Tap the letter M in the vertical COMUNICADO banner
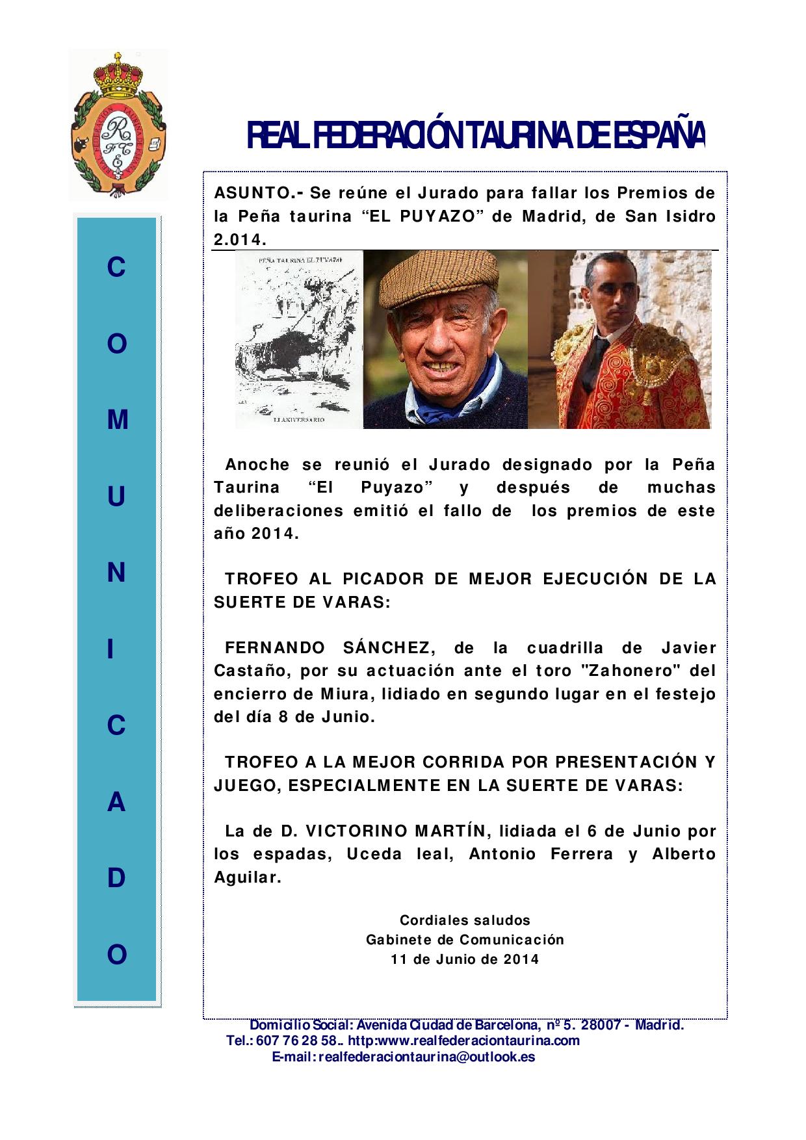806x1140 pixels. tap(117, 421)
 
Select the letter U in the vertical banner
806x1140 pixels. tap(117, 497)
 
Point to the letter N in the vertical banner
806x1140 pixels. tap(117, 573)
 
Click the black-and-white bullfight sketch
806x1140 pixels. tap(298, 339)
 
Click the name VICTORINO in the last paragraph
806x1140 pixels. tap(348, 831)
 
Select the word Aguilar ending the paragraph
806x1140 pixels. tap(247, 877)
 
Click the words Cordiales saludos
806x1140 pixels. tap(465, 920)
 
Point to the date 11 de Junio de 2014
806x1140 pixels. tap(465, 959)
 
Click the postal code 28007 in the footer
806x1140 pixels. tap(602, 1026)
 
